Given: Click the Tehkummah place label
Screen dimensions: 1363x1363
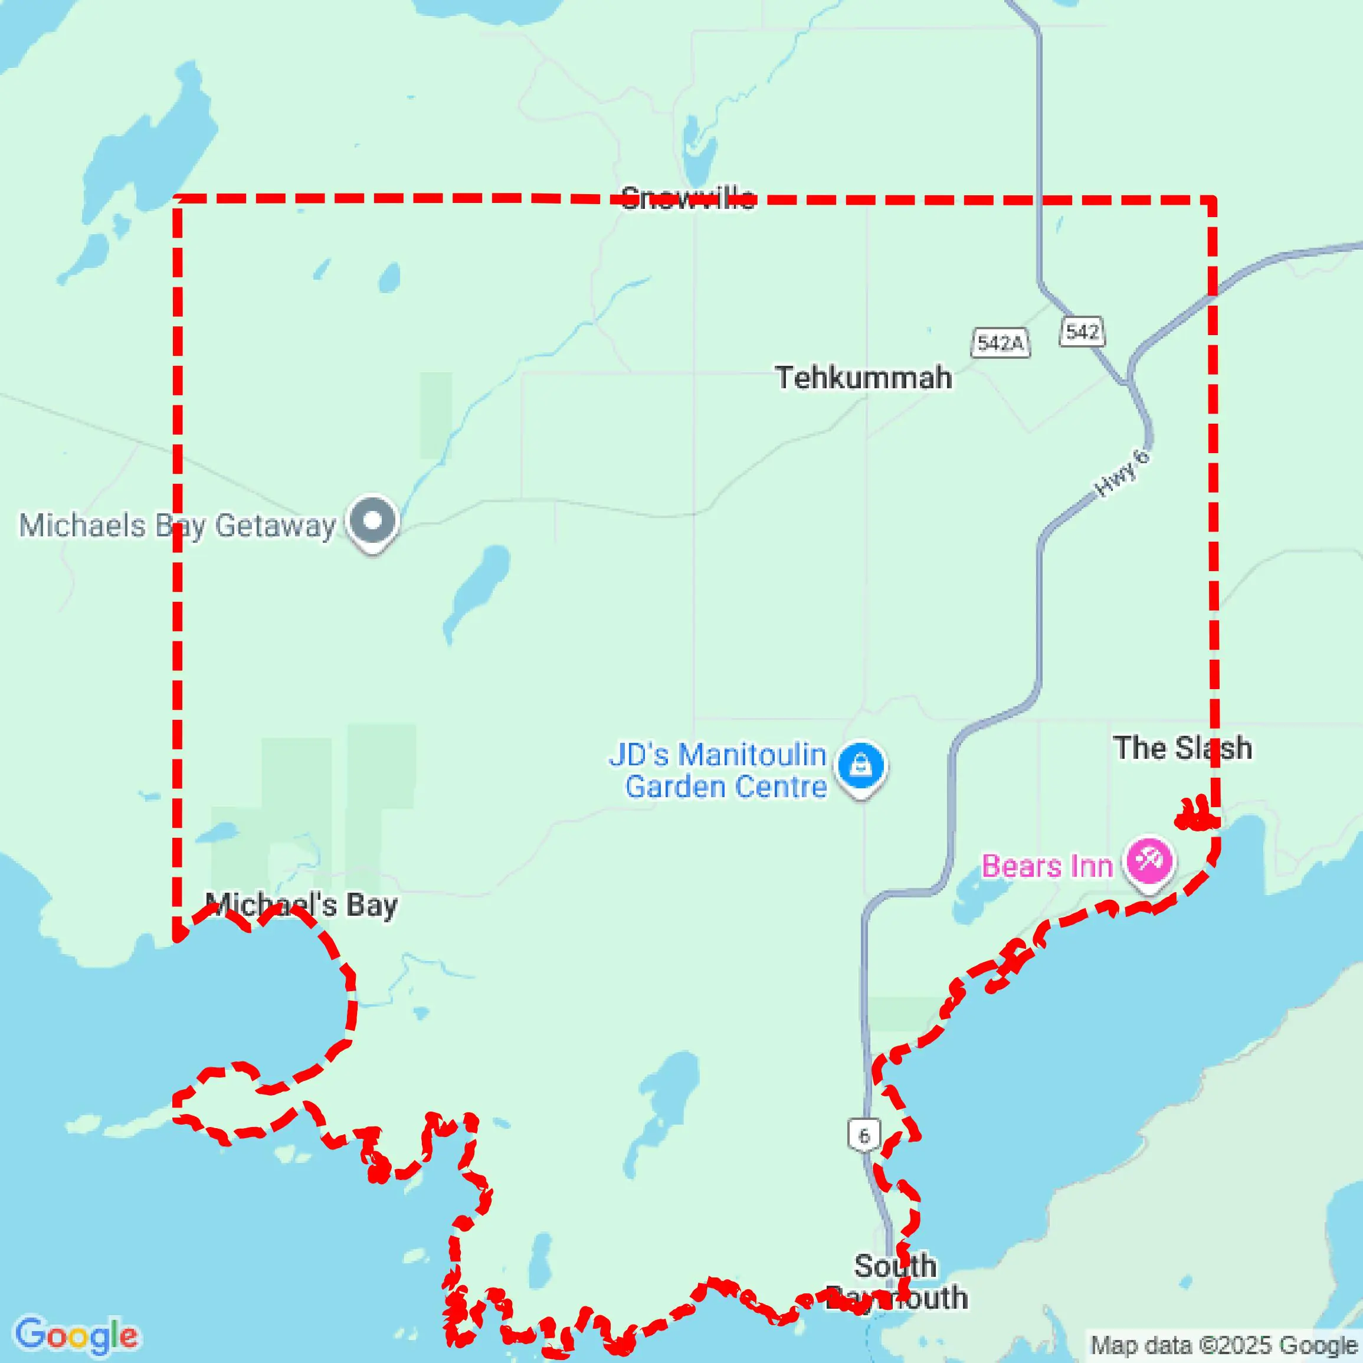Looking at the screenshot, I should click(x=863, y=378).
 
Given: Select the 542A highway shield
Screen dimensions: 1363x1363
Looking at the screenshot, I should click(x=1000, y=343).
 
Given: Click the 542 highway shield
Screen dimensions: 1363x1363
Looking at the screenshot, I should click(x=1082, y=331).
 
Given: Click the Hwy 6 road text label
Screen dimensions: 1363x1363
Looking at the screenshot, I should click(x=1121, y=472).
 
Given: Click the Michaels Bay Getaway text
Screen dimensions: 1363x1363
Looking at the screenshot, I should click(x=177, y=526).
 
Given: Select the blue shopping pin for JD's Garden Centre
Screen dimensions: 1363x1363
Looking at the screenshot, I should click(x=860, y=765).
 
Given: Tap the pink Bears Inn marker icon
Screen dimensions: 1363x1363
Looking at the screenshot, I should click(x=1149, y=861).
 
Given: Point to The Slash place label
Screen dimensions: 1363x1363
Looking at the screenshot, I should click(x=1182, y=748).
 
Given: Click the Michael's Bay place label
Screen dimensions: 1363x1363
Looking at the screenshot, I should click(x=302, y=905).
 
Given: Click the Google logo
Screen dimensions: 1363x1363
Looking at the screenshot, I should click(x=76, y=1335).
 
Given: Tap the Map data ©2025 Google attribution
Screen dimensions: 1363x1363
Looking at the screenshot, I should click(x=1223, y=1346).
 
